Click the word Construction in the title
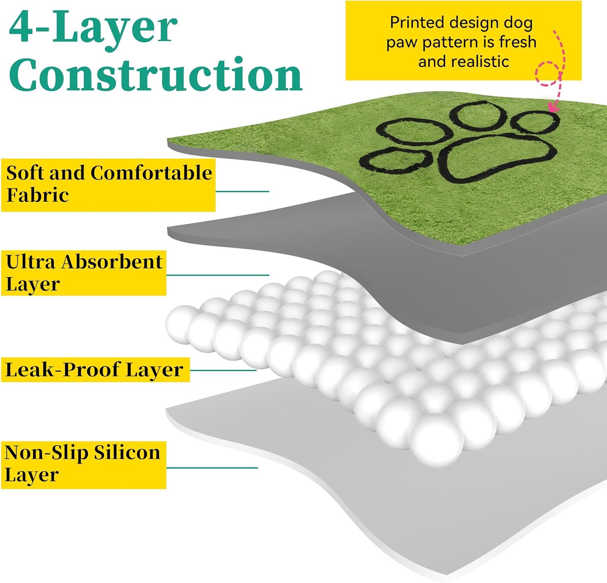pyautogui.click(x=156, y=75)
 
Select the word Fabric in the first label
pyautogui.click(x=38, y=195)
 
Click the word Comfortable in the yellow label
pyautogui.click(x=151, y=173)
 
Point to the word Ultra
pyautogui.click(x=30, y=262)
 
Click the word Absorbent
pyautogui.click(x=112, y=262)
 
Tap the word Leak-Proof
pyautogui.click(x=62, y=369)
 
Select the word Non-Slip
pyautogui.click(x=47, y=453)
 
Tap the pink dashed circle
pyautogui.click(x=547, y=73)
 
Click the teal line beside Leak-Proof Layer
pyautogui.click(x=223, y=370)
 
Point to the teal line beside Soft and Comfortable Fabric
pyautogui.click(x=242, y=191)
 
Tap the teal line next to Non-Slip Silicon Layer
pyautogui.click(x=212, y=468)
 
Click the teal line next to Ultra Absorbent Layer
pyautogui.click(x=218, y=275)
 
